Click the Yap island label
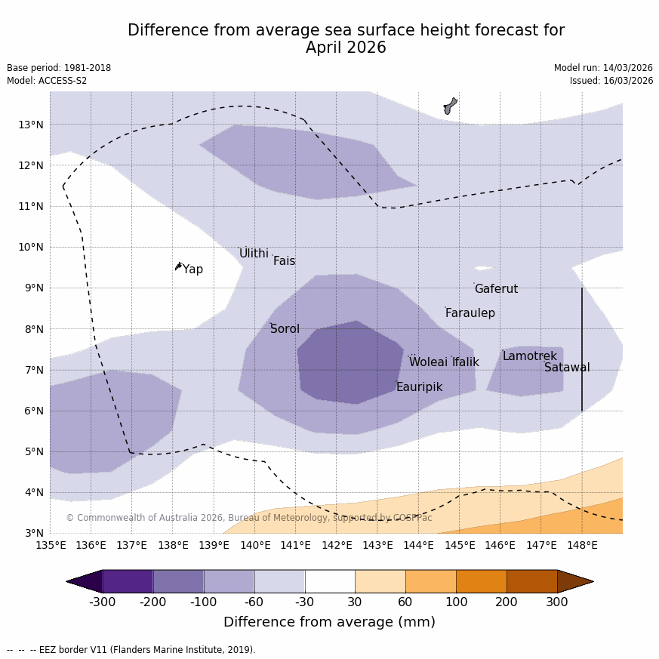tap(192, 269)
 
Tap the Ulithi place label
tap(254, 254)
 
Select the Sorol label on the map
tap(285, 329)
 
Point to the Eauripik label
tap(419, 387)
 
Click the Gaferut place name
tap(496, 289)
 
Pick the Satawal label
tap(567, 368)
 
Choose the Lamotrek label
tap(529, 356)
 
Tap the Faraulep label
tap(470, 313)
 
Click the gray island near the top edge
tap(450, 105)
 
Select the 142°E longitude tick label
tap(337, 545)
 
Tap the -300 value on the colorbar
tap(103, 602)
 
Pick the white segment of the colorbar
tap(330, 581)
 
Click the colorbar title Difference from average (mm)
tap(329, 622)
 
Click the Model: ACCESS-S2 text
tap(47, 81)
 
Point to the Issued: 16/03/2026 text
tap(611, 81)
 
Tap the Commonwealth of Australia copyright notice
tap(248, 518)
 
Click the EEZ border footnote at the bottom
tap(131, 650)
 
